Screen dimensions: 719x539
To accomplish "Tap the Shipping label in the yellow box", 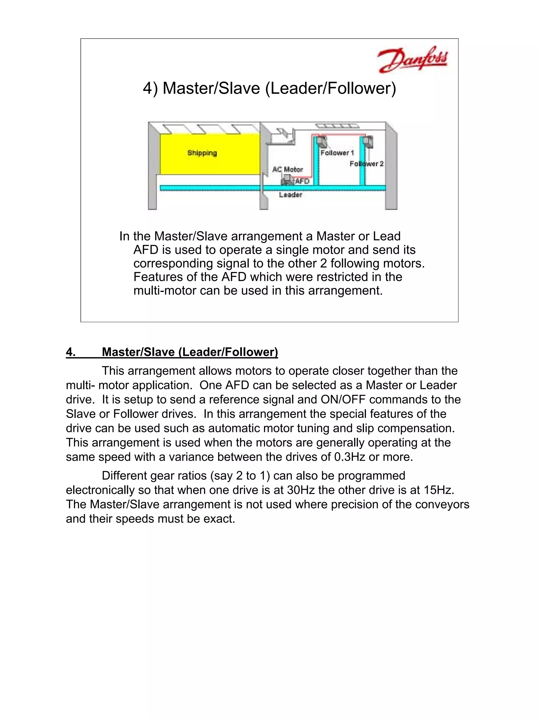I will point(202,153).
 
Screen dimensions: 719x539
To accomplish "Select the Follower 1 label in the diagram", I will point(337,153).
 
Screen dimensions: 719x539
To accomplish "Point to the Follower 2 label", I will point(366,163).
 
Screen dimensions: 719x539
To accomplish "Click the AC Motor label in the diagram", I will point(288,169).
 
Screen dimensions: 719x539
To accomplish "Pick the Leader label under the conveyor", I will point(291,195).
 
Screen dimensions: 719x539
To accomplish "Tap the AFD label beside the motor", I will point(302,181).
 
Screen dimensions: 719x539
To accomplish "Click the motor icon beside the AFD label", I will point(287,180).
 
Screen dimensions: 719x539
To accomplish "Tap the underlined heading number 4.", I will point(71,352).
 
